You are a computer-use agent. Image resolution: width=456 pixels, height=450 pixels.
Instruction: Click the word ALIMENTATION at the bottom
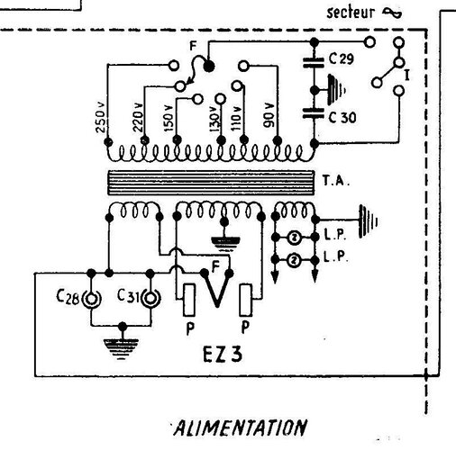point(241,427)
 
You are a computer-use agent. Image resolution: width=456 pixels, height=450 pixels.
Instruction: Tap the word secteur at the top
point(351,13)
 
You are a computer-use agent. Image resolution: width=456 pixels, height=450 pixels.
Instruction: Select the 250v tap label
point(101,118)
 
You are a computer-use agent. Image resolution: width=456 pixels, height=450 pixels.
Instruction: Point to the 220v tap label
point(138,118)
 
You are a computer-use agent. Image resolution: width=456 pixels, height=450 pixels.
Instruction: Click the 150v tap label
point(169,118)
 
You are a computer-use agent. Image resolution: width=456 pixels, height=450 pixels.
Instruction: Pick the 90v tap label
point(269,115)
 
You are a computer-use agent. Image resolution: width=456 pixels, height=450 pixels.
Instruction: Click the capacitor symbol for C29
point(314,62)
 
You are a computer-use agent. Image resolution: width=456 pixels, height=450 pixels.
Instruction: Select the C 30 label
point(342,117)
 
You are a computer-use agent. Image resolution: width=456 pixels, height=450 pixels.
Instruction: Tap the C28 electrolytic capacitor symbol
point(91,299)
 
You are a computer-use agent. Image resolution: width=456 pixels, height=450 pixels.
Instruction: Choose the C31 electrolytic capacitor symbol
point(151,298)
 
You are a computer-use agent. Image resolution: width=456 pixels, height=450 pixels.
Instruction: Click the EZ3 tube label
point(223,355)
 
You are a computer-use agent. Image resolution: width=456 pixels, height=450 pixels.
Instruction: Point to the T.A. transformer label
point(336,180)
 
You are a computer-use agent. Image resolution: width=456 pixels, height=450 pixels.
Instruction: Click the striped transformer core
point(211,183)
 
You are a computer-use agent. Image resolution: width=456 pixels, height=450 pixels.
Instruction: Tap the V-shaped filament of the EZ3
point(217,290)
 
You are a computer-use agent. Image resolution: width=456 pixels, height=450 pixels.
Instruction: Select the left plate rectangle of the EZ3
point(189,300)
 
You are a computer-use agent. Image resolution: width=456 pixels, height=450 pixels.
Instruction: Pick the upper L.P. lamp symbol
point(295,238)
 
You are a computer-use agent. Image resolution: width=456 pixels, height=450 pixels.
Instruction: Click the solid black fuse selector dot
point(209,66)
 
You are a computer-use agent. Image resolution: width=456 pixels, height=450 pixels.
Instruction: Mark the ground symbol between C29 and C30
point(336,89)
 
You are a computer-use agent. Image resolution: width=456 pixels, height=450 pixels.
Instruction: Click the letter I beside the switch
point(407,75)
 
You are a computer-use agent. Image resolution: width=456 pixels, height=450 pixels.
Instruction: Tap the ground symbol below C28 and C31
point(121,349)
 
